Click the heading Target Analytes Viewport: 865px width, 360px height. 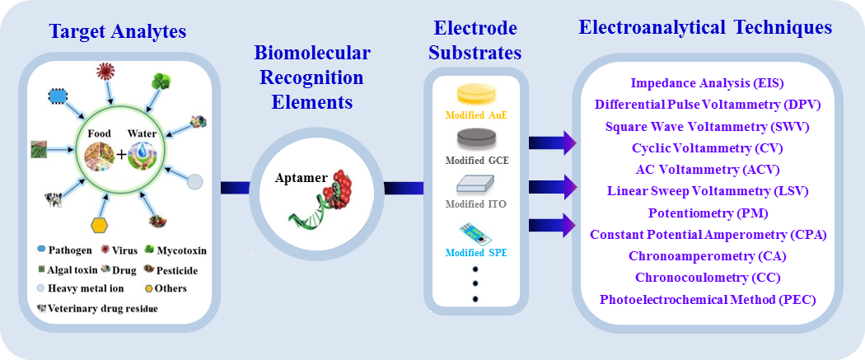(x=118, y=32)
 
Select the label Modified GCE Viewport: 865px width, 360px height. (x=476, y=160)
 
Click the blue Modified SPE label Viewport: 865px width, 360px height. (x=476, y=251)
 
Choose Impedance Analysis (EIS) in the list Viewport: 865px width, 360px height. (x=707, y=83)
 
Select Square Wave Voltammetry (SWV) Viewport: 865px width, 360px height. (x=707, y=127)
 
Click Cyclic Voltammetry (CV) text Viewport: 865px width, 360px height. (x=707, y=148)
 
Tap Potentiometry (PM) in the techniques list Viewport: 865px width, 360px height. (x=707, y=213)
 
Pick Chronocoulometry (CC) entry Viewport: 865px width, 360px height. (x=707, y=278)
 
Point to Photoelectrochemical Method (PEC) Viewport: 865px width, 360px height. (x=707, y=299)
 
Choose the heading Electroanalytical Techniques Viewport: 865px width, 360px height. (x=705, y=28)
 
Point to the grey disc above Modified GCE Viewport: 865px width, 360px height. (x=476, y=137)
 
